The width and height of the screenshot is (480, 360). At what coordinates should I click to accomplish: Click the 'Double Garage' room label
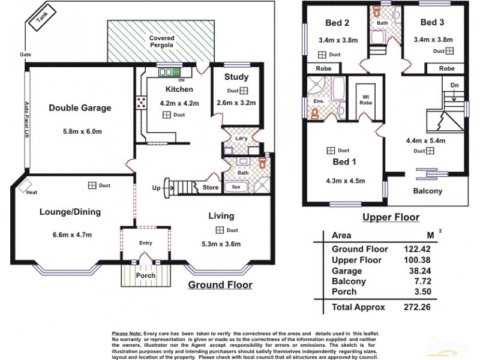click(x=80, y=108)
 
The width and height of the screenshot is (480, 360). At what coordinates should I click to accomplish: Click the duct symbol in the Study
click(x=244, y=91)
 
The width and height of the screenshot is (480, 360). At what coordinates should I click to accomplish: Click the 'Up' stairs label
click(x=156, y=188)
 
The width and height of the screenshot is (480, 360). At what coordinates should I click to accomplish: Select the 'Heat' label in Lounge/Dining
click(x=32, y=192)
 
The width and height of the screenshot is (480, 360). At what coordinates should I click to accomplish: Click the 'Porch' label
click(x=146, y=275)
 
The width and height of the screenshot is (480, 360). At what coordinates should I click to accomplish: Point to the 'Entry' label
click(x=146, y=243)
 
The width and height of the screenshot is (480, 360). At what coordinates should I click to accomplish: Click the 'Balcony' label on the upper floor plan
click(x=428, y=191)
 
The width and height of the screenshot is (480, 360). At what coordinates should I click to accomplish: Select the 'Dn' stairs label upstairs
click(x=454, y=86)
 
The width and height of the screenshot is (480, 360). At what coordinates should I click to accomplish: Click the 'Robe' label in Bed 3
click(x=446, y=69)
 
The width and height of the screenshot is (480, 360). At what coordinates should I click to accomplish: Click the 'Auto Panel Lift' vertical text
click(x=26, y=120)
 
